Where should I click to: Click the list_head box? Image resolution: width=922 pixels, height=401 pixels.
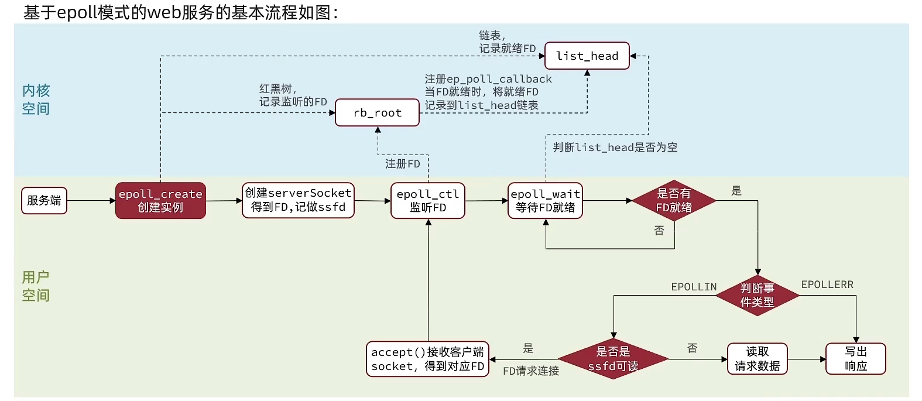587,56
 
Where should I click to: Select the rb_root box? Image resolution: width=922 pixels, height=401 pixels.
377,112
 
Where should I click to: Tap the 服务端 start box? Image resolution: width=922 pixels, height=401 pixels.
44,200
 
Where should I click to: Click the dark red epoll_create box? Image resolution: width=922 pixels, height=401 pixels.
160,200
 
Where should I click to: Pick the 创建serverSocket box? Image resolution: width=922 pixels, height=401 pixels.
298,200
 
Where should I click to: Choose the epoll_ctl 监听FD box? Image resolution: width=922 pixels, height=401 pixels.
427,200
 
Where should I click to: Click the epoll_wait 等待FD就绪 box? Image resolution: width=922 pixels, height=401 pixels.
545,200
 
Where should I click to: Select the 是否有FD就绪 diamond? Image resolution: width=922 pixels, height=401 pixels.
674,200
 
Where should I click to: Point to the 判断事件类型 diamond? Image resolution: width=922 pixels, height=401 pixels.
757,295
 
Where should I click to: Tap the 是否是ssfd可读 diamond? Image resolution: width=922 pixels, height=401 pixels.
613,359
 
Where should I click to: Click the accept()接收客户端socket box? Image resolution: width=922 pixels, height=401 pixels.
427,359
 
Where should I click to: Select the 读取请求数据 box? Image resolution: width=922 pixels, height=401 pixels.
757,359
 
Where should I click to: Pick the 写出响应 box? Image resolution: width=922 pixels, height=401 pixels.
855,359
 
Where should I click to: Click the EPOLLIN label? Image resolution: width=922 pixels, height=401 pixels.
694,287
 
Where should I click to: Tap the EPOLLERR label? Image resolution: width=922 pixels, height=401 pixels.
827,285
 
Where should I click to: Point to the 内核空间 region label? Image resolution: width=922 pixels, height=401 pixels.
36,100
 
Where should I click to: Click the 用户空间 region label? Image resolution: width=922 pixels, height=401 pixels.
36,286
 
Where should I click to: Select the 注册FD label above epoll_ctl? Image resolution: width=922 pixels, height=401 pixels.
402,164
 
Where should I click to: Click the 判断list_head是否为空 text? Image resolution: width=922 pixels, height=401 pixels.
615,148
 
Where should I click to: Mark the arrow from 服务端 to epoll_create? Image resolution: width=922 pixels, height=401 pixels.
91,201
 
